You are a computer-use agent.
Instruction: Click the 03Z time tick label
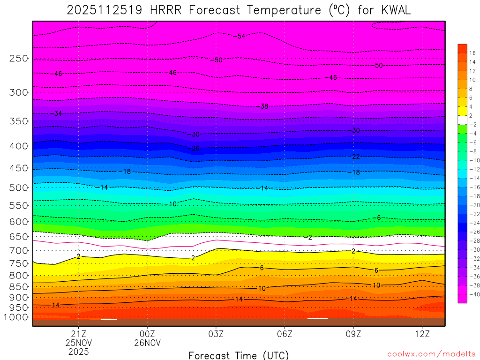click(x=216, y=334)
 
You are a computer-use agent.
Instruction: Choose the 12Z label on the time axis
click(x=422, y=334)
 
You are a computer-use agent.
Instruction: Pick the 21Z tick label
click(x=78, y=334)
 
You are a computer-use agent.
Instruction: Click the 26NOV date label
click(x=147, y=343)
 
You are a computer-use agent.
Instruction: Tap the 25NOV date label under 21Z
click(x=78, y=343)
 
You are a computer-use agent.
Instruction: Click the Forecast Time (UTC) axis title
click(x=239, y=355)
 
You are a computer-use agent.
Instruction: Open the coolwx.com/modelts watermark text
click(x=431, y=354)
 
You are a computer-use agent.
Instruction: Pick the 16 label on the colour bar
click(x=472, y=53)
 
